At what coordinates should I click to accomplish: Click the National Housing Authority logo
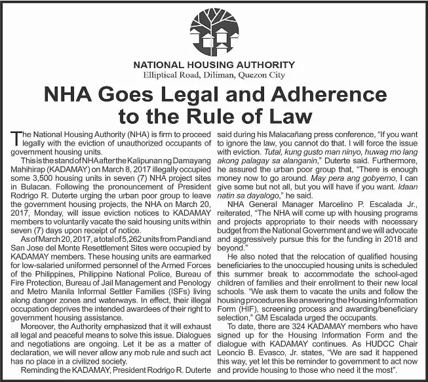[214, 31]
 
